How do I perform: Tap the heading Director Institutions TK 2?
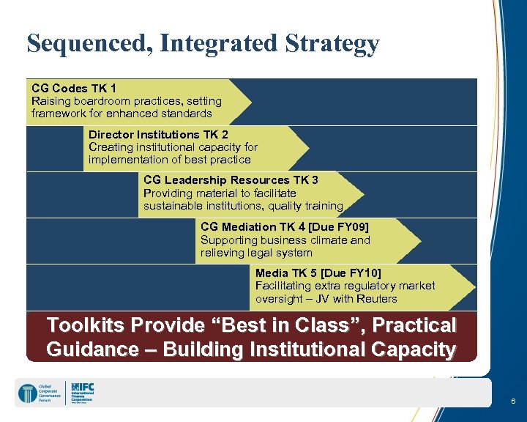158,134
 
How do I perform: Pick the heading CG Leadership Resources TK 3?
231,179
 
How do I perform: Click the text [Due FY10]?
351,273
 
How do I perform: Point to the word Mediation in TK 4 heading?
255,226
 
